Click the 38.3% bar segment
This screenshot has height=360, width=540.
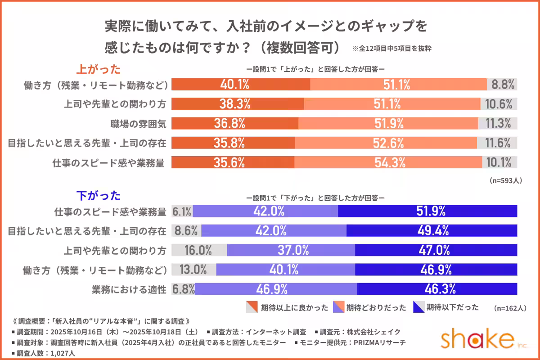coord(238,104)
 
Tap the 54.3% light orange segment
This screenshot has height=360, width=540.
coord(388,162)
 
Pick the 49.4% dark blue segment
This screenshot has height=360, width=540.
coord(432,231)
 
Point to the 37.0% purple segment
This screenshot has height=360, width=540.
coord(291,250)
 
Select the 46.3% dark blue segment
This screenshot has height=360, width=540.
coord(436,288)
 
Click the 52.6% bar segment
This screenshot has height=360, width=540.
coord(386,143)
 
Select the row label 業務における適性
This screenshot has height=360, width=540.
coord(129,289)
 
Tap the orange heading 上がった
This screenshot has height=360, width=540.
coord(98,69)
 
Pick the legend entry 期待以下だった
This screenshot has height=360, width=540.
coord(445,308)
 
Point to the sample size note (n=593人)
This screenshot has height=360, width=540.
coord(505,180)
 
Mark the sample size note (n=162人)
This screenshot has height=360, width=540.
coord(509,308)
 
